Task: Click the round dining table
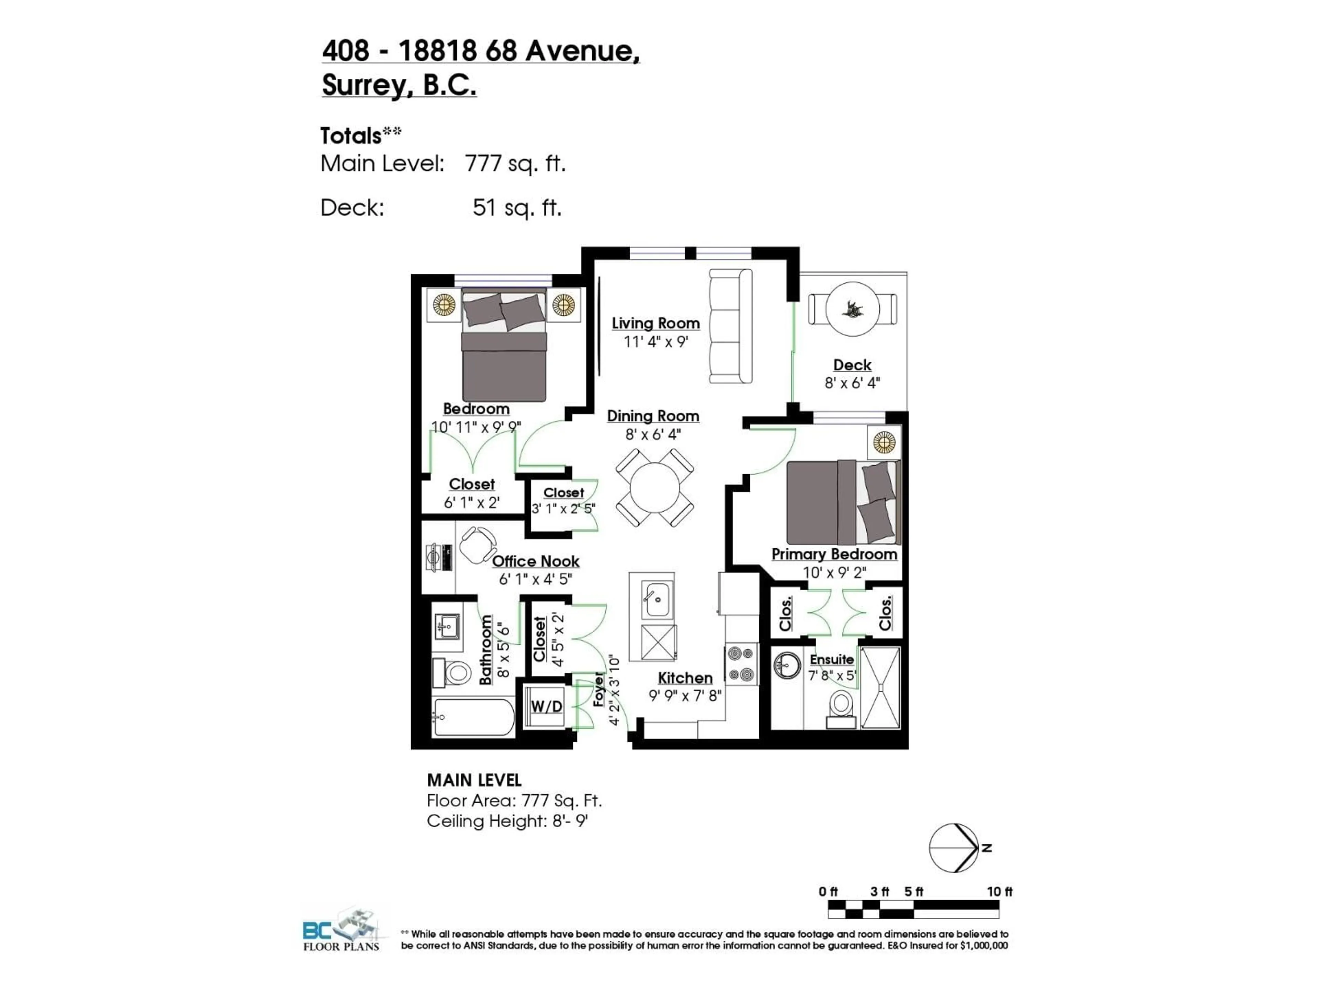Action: [654, 488]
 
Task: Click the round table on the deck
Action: [853, 309]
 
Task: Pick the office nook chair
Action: [477, 544]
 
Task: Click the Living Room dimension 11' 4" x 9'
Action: [655, 341]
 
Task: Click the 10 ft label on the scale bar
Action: [999, 891]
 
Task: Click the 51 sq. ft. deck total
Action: [517, 208]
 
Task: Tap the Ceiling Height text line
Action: [507, 821]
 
